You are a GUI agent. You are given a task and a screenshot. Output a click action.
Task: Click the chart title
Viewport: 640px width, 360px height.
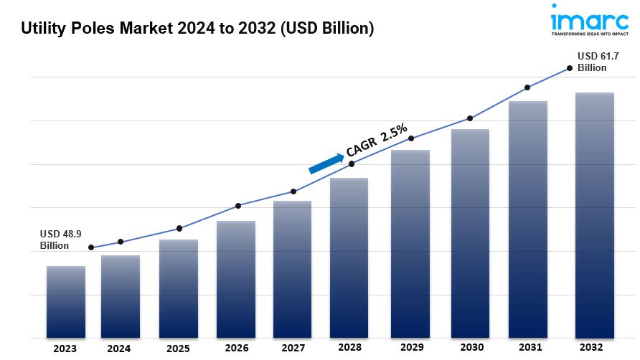197,29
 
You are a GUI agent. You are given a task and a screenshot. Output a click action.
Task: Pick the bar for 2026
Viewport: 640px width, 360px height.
236,279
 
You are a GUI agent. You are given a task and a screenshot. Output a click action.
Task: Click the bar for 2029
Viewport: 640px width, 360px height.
410,244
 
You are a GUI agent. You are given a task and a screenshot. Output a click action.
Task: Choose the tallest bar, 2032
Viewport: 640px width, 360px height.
595,215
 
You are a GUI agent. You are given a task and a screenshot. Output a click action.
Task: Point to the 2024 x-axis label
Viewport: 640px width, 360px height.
119,349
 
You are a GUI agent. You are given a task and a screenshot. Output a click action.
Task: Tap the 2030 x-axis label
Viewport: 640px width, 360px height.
470,349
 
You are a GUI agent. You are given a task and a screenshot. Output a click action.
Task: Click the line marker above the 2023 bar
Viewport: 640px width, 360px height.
91,247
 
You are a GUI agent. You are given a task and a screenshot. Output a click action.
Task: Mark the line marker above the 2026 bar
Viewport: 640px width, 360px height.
238,206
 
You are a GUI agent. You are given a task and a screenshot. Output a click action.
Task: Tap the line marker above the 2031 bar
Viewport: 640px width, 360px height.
527,87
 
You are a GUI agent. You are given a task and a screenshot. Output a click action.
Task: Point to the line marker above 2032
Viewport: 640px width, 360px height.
570,68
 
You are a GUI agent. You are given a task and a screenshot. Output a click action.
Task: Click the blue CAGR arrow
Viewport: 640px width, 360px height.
326,163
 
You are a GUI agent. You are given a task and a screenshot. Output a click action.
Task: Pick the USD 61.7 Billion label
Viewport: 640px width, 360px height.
593,62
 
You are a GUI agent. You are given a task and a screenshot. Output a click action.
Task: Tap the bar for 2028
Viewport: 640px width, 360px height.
349,257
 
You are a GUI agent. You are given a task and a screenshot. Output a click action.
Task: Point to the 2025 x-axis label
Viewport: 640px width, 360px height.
178,349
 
